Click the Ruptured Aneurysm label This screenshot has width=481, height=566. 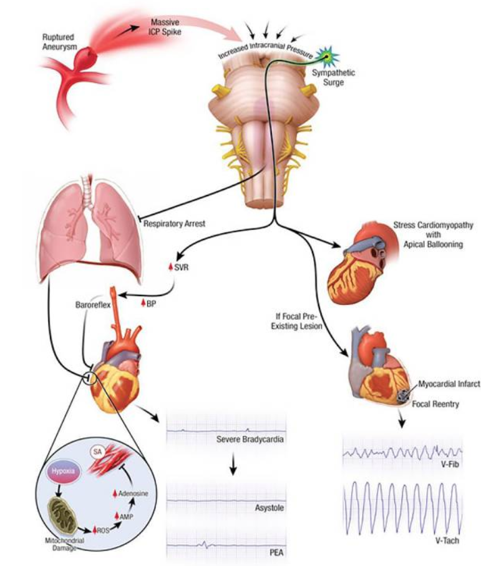pos(59,39)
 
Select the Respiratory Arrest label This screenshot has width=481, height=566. pos(175,222)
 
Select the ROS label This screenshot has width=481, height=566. pos(104,530)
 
